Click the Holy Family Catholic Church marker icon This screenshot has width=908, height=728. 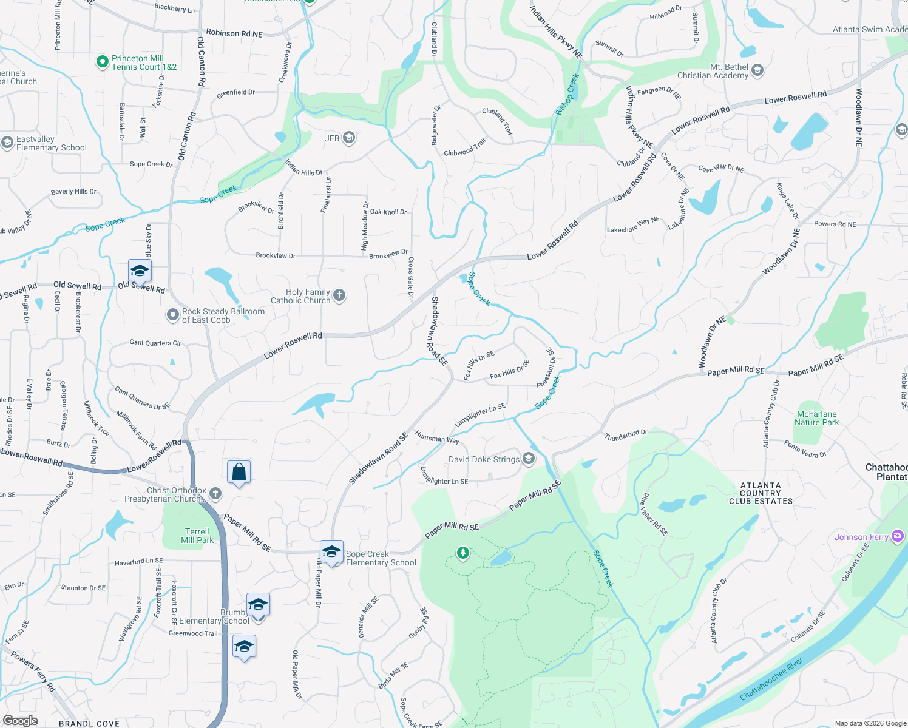pos(339,295)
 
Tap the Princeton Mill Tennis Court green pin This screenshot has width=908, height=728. pos(103,62)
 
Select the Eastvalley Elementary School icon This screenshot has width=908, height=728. pos(7,143)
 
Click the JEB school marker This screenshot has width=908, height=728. pos(348,138)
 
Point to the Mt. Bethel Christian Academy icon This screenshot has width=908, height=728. pos(757,71)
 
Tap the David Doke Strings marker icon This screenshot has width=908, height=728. pos(528,459)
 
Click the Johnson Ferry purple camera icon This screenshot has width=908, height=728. pos(898,536)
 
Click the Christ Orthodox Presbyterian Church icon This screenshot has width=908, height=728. pos(215,494)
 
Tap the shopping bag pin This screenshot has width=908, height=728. pos(239,472)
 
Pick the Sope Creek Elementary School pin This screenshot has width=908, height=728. pos(331,551)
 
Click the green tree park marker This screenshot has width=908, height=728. pos(463,553)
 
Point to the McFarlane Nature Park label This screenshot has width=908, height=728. pos(817,418)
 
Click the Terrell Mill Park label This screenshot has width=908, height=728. pos(197,536)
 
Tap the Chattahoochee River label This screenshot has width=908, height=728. pos(771,679)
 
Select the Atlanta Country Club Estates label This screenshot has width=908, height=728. pos(761,493)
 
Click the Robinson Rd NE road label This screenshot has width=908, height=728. pos(234,33)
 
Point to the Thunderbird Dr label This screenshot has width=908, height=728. pos(626,435)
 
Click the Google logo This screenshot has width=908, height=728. pos(20,721)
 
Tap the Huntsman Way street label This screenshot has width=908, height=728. pos(437,437)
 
